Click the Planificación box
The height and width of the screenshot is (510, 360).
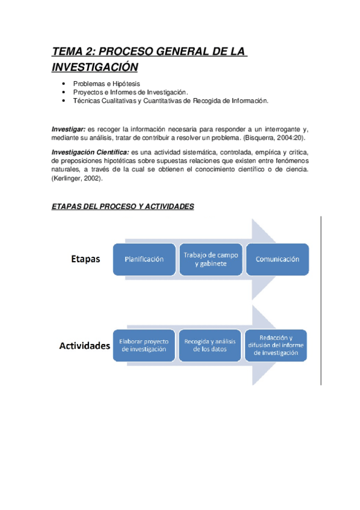(144, 259)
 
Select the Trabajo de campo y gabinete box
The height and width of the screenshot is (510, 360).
(211, 259)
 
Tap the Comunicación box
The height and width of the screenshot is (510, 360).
(278, 259)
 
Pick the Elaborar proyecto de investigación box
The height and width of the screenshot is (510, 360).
(144, 345)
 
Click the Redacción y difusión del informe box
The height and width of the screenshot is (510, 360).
(276, 345)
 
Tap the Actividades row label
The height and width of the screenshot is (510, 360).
(84, 346)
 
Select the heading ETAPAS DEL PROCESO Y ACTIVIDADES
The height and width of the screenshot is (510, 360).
(123, 206)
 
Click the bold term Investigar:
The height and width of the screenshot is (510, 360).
(68, 129)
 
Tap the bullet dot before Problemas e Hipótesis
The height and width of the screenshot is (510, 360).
(64, 84)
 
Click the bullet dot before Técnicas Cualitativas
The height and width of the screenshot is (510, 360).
(64, 101)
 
